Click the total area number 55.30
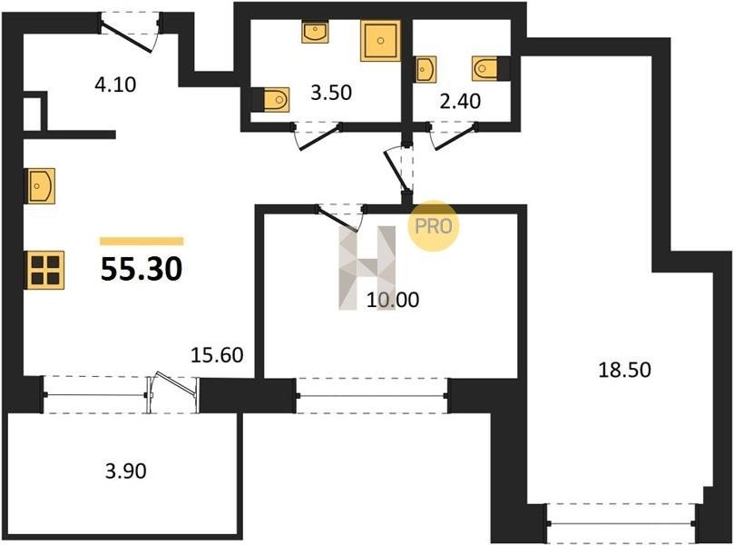point(142,270)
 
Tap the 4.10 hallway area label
point(115,84)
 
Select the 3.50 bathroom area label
point(331,93)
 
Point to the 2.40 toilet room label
point(460,101)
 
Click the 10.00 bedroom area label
point(393,300)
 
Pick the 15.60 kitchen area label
point(217,355)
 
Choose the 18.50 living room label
point(625,370)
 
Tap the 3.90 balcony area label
point(126,471)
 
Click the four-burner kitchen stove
point(45,270)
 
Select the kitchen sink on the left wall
point(40,186)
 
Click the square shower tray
point(380,41)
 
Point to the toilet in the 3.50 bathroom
point(271,100)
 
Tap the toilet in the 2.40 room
point(490,68)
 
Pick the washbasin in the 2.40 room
point(426,69)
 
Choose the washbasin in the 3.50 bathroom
point(315,33)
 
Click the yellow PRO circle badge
point(434,226)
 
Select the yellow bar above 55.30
point(142,242)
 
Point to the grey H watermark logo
point(367,268)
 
